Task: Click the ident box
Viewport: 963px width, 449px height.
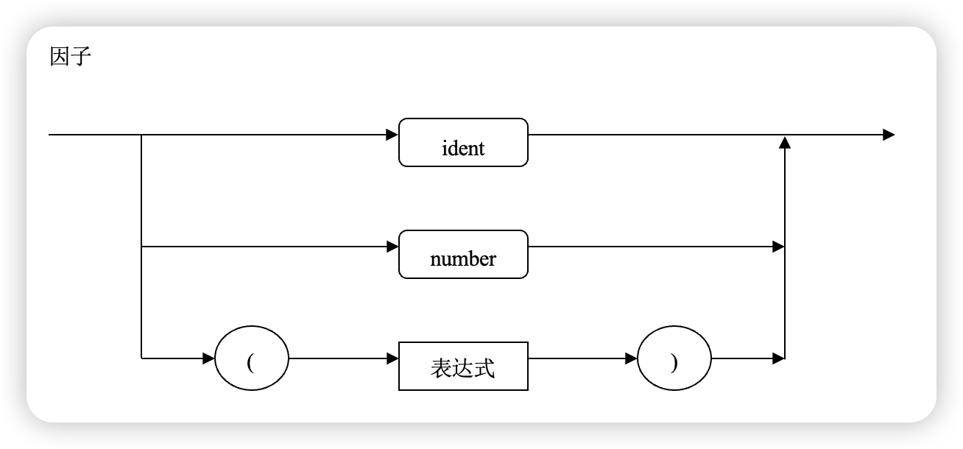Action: [x=463, y=142]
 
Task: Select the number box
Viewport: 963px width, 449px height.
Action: [x=463, y=254]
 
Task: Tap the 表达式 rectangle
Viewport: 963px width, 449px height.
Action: [x=463, y=366]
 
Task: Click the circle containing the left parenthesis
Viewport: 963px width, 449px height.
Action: [x=251, y=360]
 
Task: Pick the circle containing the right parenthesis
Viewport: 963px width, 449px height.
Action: [x=674, y=360]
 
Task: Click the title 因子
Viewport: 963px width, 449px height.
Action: [x=70, y=57]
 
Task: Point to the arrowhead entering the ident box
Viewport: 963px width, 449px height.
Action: [x=392, y=135]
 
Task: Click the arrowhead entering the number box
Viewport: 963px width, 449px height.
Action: [x=392, y=247]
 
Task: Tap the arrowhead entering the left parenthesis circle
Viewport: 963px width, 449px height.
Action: [x=209, y=359]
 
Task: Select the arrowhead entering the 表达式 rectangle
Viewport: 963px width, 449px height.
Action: [x=392, y=359]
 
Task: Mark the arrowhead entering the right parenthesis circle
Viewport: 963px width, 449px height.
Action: [x=631, y=359]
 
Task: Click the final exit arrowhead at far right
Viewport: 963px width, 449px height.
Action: [x=889, y=135]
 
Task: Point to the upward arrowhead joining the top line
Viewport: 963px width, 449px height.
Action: [x=785, y=142]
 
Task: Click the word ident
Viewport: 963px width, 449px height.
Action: [x=463, y=149]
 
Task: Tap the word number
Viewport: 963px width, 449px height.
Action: [x=463, y=260]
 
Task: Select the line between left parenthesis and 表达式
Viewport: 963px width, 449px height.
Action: [x=339, y=359]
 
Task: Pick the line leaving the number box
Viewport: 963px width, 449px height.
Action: [x=648, y=247]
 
